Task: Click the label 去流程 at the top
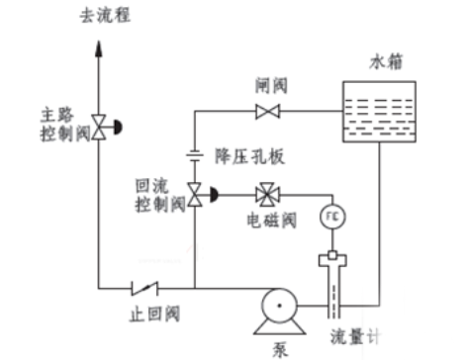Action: [105, 16]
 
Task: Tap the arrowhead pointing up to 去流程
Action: [98, 48]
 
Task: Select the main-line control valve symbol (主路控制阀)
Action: [107, 128]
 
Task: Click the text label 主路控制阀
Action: [65, 125]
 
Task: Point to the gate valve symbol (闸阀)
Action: [268, 111]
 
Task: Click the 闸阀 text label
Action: [271, 86]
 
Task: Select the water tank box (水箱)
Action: [379, 112]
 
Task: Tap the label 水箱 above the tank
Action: [386, 62]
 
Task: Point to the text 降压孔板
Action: [249, 156]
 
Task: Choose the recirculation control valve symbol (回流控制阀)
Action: [203, 195]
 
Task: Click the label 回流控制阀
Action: [160, 196]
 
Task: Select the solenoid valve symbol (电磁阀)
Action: [267, 195]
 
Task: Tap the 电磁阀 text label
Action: [272, 221]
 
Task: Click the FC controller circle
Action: [332, 217]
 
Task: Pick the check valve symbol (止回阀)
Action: [144, 289]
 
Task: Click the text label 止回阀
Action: [155, 314]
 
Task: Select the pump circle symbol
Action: [279, 306]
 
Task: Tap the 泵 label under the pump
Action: [280, 350]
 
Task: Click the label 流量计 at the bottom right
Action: [355, 337]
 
